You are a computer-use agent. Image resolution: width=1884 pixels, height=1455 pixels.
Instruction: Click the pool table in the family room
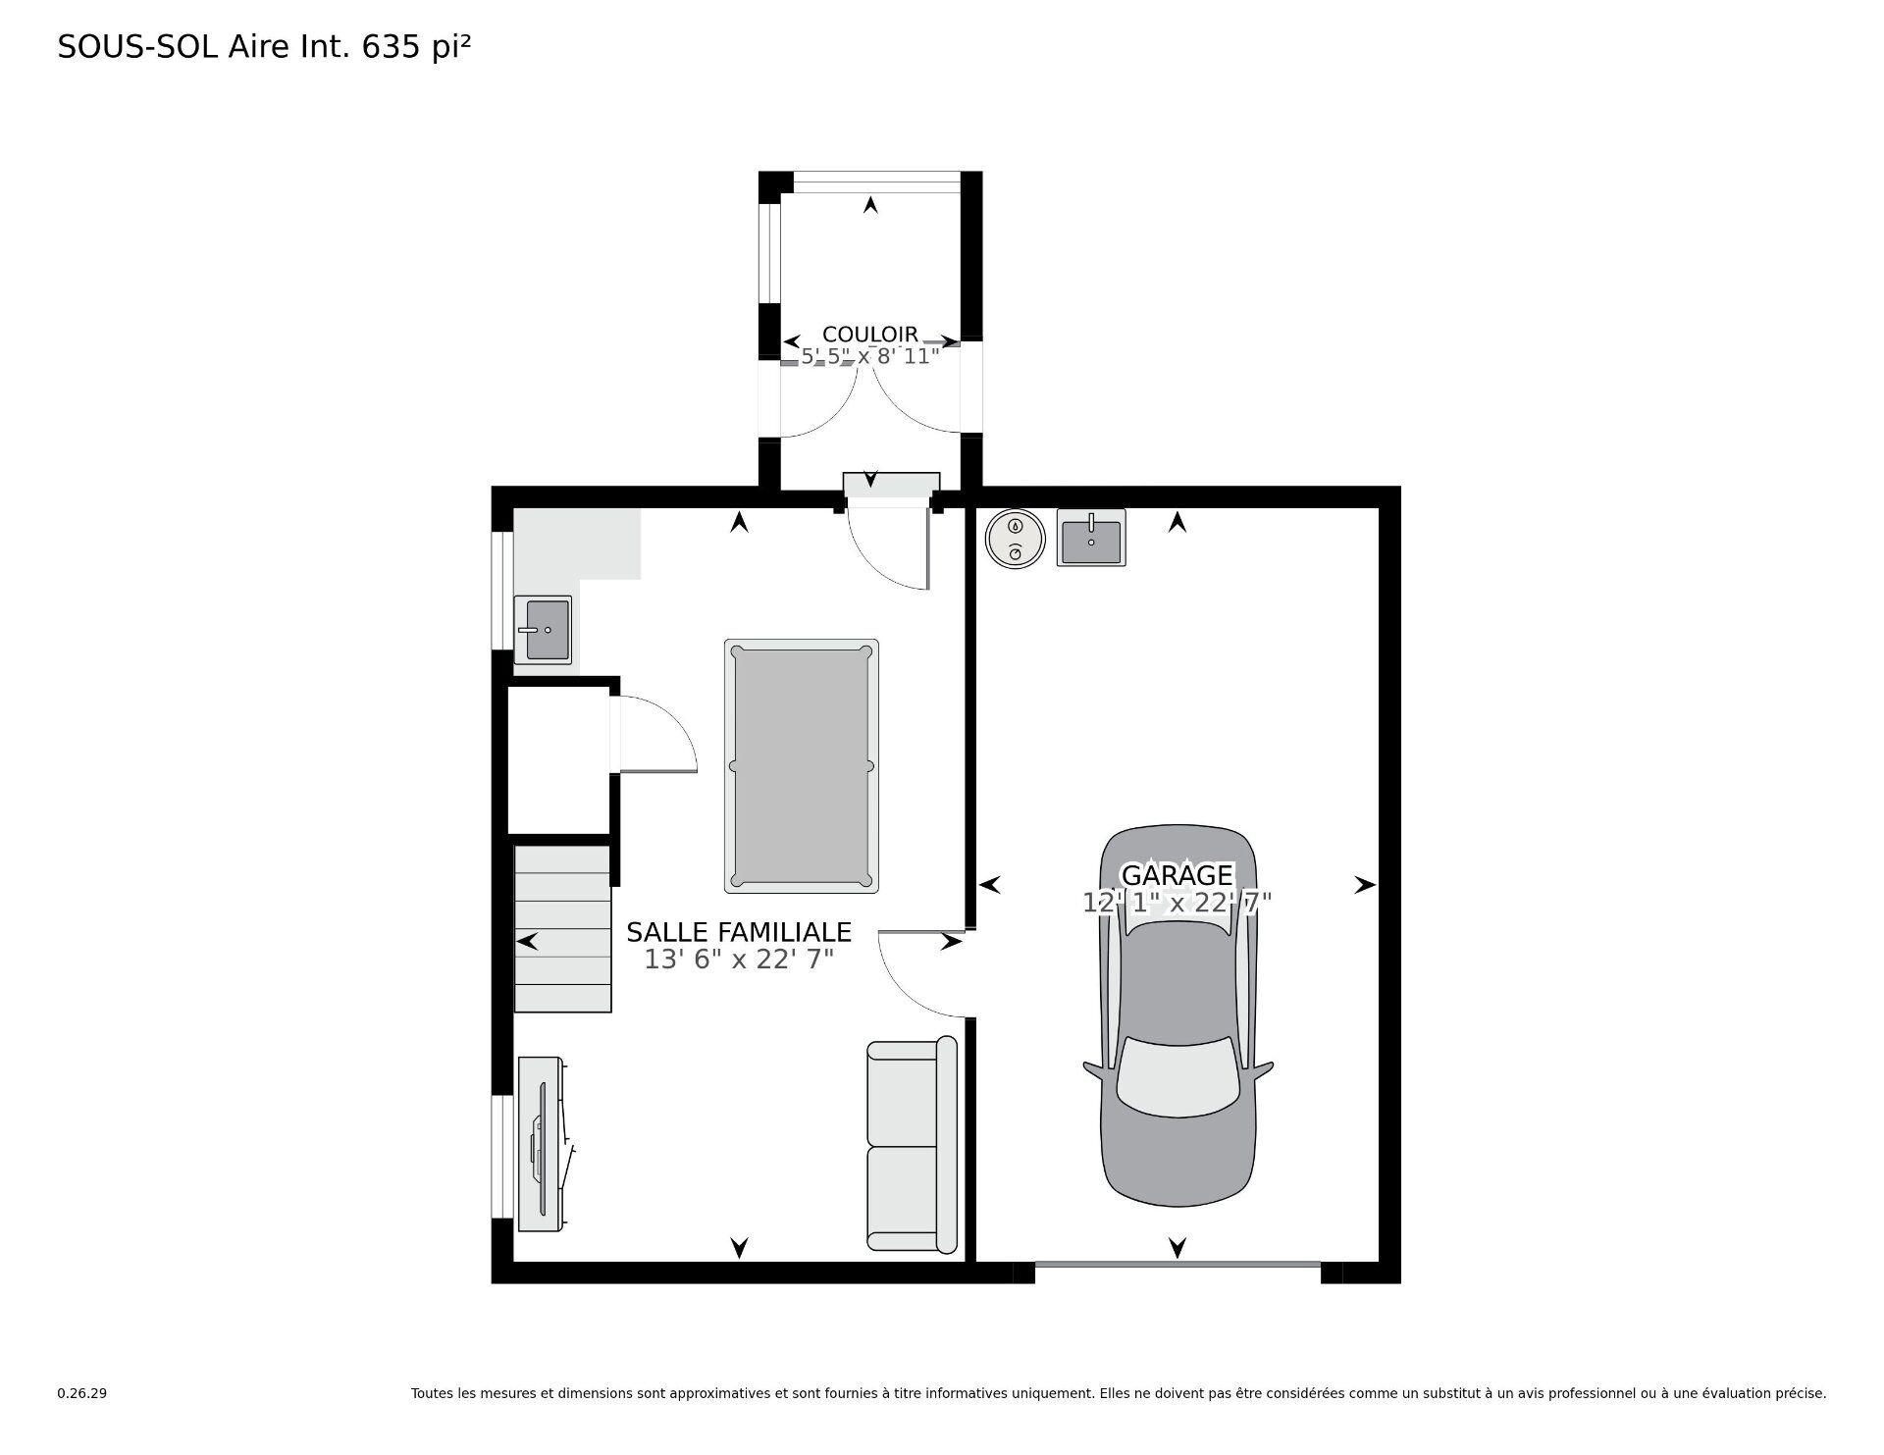coord(801,766)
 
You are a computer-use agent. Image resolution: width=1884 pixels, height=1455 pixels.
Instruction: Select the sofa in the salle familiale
coord(912,1144)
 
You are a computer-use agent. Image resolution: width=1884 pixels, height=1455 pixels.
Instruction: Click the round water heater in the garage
coord(1015,538)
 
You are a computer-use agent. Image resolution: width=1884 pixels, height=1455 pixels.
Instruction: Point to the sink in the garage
coord(1090,537)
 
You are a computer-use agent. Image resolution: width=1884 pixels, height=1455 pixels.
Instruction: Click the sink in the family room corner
coord(543,630)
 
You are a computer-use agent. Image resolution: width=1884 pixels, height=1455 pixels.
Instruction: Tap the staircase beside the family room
coord(562,928)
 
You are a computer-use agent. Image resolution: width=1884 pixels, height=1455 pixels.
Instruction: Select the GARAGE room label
coord(1177,874)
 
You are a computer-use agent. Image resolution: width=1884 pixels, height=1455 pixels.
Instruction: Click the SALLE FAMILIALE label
coord(739,932)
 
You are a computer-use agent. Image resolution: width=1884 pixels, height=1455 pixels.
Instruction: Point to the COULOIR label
coord(870,336)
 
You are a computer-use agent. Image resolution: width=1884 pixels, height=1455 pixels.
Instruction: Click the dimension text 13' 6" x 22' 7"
coord(739,960)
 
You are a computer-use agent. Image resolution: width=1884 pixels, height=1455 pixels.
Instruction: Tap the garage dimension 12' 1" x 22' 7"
coord(1177,903)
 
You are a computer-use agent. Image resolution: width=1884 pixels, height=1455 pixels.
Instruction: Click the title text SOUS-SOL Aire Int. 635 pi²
coord(265,47)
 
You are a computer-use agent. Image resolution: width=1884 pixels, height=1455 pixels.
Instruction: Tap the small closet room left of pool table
coord(558,758)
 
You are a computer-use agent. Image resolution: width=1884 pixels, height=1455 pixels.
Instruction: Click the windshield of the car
coord(1177,1077)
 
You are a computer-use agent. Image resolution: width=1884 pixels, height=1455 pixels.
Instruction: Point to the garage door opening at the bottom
coord(1177,1266)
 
